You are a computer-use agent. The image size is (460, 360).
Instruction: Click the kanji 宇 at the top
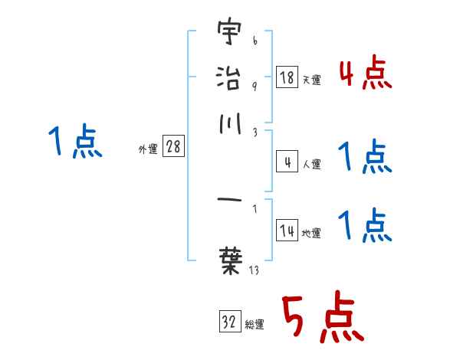click(228, 34)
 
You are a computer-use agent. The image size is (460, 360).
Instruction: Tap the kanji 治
click(228, 77)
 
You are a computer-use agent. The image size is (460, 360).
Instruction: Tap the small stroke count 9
click(254, 86)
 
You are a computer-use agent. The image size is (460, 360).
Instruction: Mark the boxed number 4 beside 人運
click(287, 162)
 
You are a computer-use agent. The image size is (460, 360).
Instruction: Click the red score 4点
click(365, 75)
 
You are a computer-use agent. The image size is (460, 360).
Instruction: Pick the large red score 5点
click(321, 319)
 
